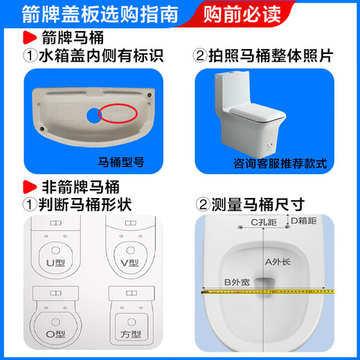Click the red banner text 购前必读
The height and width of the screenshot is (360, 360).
pos(242,15)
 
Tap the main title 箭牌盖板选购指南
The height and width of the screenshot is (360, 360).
pos(100,15)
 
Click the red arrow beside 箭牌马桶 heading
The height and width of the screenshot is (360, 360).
pos(30,37)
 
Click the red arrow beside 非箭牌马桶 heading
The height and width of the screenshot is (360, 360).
pos(30,187)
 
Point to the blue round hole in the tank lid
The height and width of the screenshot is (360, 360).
pos(93,115)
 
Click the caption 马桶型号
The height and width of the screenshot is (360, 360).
pos(121,162)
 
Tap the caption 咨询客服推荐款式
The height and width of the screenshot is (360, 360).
pos(280,163)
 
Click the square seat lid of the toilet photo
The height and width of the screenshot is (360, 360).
pos(258,112)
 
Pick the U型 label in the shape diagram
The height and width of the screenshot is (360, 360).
pos(55,263)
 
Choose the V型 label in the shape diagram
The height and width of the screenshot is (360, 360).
pos(130,263)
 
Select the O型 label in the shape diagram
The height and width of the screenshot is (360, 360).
pos(55,334)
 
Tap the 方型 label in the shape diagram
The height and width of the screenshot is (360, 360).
pos(131,334)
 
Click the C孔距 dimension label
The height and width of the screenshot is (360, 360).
pos(264,222)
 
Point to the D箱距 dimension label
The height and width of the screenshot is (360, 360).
pos(304,221)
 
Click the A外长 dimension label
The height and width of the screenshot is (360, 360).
pos(278,262)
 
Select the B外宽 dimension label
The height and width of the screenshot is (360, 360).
pos(237,282)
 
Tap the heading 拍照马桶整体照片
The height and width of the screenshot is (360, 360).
pos(263,56)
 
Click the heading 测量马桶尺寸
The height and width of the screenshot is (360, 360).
pos(250,205)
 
